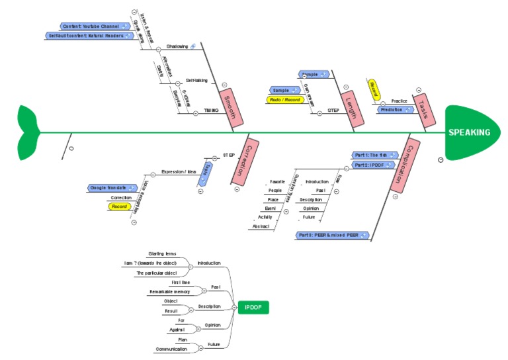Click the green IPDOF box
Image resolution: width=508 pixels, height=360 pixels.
click(x=253, y=308)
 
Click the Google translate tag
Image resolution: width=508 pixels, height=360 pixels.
click(x=111, y=188)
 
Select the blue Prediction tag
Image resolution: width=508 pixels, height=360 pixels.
click(x=395, y=110)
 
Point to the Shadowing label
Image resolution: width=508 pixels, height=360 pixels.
click(x=177, y=46)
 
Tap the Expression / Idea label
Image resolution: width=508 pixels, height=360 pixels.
click(x=179, y=171)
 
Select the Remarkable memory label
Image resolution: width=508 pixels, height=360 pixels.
click(x=169, y=291)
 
